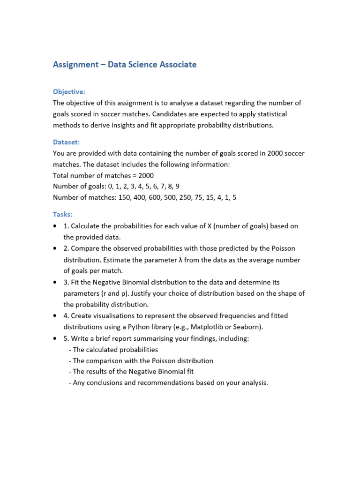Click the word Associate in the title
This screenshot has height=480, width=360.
point(174,65)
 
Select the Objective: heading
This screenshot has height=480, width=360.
point(69,92)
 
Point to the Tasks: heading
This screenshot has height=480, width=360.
point(63,214)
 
